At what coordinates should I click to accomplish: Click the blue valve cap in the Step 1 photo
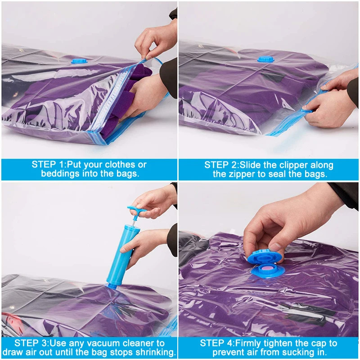pyautogui.click(x=81, y=60)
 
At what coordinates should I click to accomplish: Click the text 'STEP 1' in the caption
pyautogui.click(x=48, y=165)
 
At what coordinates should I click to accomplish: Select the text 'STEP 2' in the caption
pyautogui.click(x=221, y=165)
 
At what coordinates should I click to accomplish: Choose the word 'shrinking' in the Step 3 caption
pyautogui.click(x=153, y=352)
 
